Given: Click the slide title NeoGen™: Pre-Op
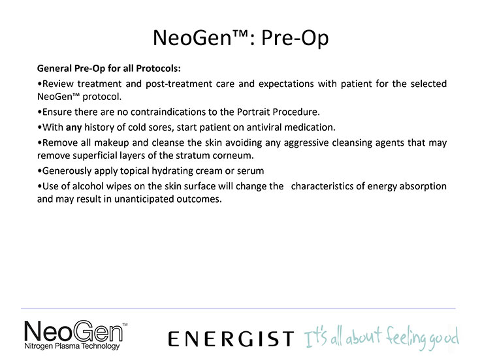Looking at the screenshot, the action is tap(240, 39).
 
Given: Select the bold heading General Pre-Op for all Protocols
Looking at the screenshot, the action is tap(108, 68).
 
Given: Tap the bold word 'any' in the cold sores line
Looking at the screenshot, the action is tap(74, 127).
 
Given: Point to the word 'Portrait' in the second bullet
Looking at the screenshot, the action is tap(253, 112).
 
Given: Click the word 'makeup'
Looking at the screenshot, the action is tap(112, 143).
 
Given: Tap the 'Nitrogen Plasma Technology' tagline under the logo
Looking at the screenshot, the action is tap(72, 346).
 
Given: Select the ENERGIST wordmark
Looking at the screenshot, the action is tap(231, 339).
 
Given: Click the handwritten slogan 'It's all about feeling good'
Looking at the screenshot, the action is tap(382, 338).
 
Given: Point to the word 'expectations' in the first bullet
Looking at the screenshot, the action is tap(286, 84).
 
